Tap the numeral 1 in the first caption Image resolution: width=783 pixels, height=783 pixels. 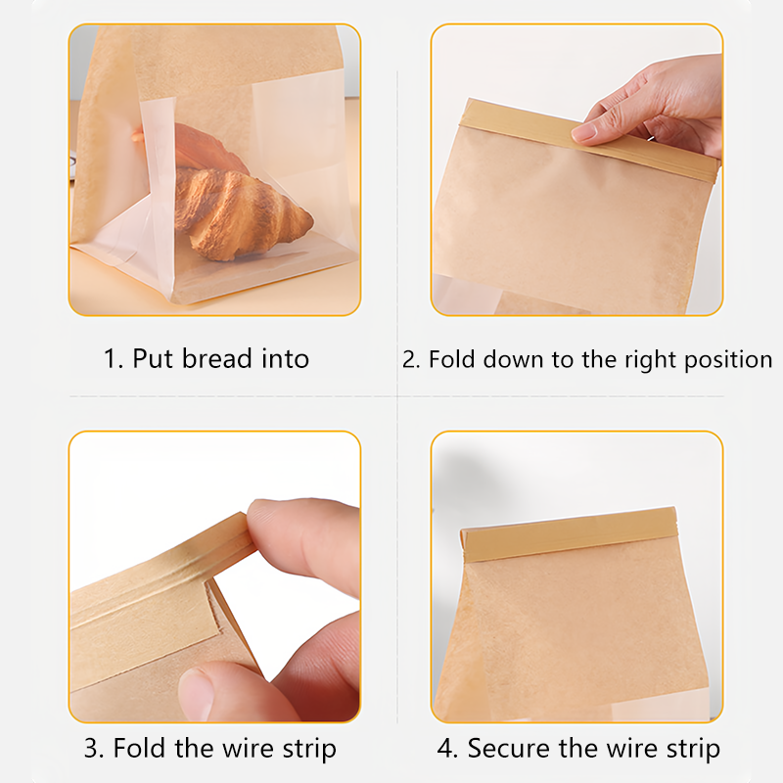[x=110, y=359]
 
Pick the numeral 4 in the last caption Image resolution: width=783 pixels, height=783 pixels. [x=444, y=748]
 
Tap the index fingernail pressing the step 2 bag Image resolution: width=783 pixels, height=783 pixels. [x=584, y=131]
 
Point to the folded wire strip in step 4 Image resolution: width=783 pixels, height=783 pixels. [x=570, y=533]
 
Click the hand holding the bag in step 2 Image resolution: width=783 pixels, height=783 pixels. [x=654, y=108]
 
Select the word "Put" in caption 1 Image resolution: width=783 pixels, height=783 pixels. [x=154, y=358]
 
